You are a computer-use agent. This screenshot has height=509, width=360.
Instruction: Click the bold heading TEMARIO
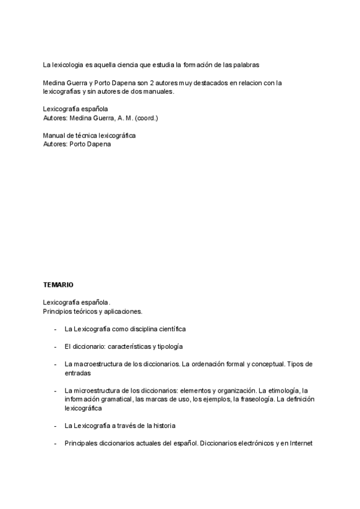pos(58,284)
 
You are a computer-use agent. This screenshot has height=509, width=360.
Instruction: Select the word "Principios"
pos(58,311)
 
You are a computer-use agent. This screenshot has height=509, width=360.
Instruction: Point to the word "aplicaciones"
pos(122,311)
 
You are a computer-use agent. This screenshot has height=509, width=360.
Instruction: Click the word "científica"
pos(169,329)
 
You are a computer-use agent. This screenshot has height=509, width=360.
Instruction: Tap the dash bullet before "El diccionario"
pos(55,347)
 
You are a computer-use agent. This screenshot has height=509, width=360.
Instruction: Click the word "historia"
pos(162,426)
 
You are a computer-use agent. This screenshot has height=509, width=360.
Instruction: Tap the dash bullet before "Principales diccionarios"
pos(55,444)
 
